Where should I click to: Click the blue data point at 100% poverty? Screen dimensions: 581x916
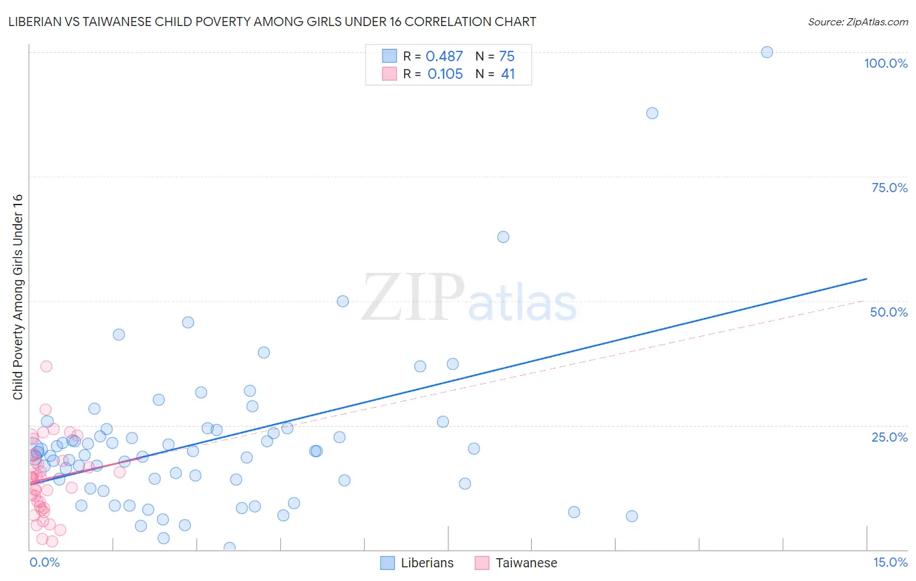[x=767, y=52]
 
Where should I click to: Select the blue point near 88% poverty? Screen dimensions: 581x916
[x=652, y=113]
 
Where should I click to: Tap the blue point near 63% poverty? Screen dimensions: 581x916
[x=503, y=237]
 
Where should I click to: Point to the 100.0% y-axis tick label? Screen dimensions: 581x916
[x=885, y=63]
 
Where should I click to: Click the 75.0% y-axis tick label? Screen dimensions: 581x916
[x=889, y=188]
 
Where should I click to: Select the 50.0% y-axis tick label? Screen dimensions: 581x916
[x=889, y=312]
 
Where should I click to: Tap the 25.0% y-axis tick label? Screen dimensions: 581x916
[x=889, y=437]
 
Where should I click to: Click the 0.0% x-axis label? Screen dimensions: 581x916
[x=44, y=562]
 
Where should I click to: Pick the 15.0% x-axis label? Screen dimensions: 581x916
[x=890, y=562]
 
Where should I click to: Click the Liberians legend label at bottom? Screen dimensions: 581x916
[x=427, y=563]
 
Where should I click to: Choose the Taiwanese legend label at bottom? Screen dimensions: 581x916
[x=526, y=563]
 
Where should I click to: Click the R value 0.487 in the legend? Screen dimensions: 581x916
[x=444, y=57]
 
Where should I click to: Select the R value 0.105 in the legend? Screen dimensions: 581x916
[x=445, y=74]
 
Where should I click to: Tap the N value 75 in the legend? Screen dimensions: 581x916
[x=507, y=57]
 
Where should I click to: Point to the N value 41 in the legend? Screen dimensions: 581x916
[x=508, y=74]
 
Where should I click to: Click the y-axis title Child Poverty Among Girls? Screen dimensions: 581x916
[x=18, y=297]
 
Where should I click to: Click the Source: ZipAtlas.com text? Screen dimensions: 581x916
[x=857, y=22]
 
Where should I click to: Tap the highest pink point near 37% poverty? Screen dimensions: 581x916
[x=46, y=366]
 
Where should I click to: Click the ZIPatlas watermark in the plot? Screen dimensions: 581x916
[x=469, y=298]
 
